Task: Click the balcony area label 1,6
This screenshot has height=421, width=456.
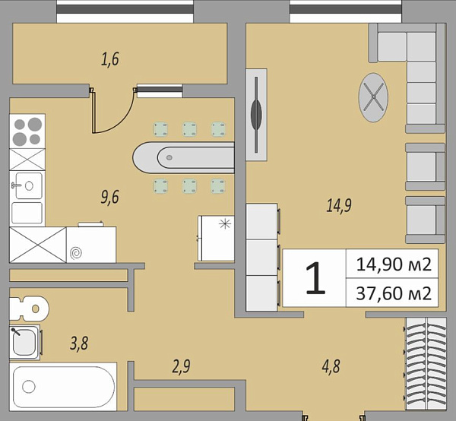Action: (110, 59)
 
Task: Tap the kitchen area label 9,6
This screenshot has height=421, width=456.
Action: (110, 198)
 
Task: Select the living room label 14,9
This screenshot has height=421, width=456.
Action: (339, 205)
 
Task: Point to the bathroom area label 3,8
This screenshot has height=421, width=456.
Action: (79, 343)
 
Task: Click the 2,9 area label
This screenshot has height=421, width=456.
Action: (181, 366)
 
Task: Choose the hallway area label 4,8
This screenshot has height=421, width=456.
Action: (331, 366)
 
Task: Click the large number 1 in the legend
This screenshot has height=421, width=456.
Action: (315, 277)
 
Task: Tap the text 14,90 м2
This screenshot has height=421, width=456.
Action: (394, 264)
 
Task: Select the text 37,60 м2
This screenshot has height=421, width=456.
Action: (394, 293)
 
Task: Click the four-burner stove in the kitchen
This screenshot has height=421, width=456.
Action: (27, 131)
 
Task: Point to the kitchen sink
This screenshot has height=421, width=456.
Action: (27, 185)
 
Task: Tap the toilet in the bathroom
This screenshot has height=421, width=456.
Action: (29, 309)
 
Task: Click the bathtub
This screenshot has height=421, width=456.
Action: (63, 387)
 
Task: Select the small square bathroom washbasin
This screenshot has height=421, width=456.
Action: (25, 342)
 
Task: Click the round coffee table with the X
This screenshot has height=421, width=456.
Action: (373, 97)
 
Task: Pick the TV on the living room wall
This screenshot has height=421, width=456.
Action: (256, 115)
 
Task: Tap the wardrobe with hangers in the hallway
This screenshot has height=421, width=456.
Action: (426, 364)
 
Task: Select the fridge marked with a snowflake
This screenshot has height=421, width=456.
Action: (216, 238)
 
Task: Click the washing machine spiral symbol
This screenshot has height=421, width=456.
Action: (76, 253)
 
